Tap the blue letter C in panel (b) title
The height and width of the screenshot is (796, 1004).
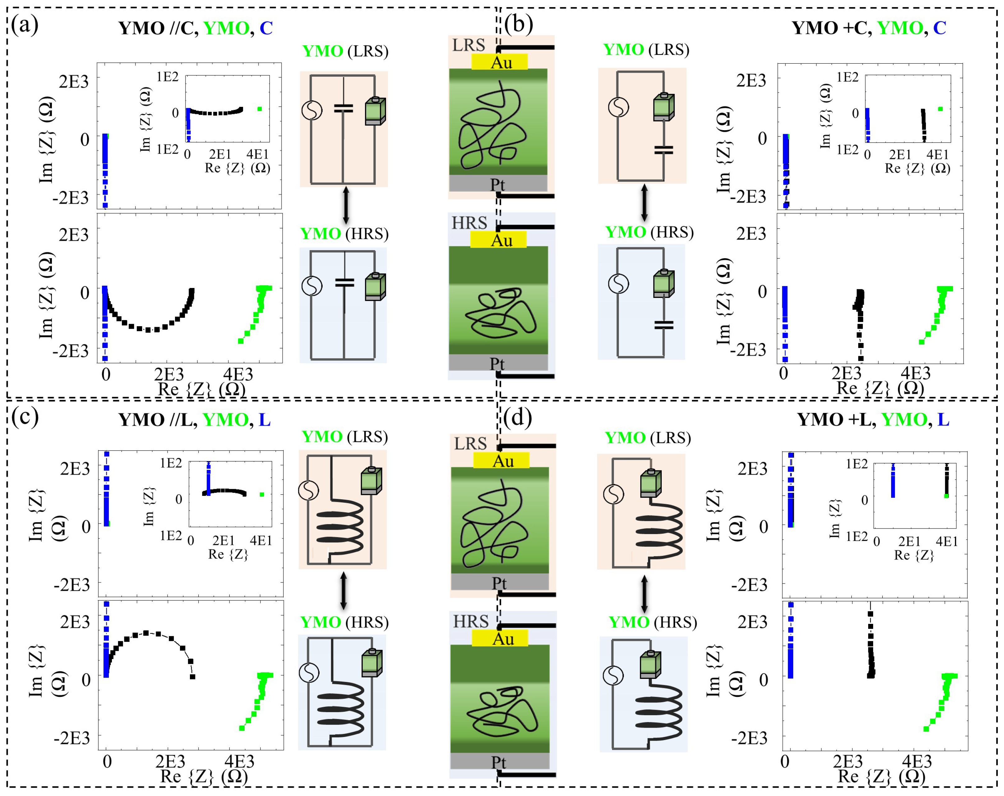pos(939,28)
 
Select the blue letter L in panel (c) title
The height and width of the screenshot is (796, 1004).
pos(265,420)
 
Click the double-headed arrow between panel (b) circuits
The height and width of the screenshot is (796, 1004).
pos(644,203)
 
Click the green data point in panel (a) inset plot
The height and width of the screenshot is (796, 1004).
pos(259,109)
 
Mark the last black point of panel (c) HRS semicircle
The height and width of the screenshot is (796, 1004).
pos(193,676)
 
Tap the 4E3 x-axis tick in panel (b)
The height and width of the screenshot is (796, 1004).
pos(915,373)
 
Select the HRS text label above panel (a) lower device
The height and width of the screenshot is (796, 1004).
pos(469,223)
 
